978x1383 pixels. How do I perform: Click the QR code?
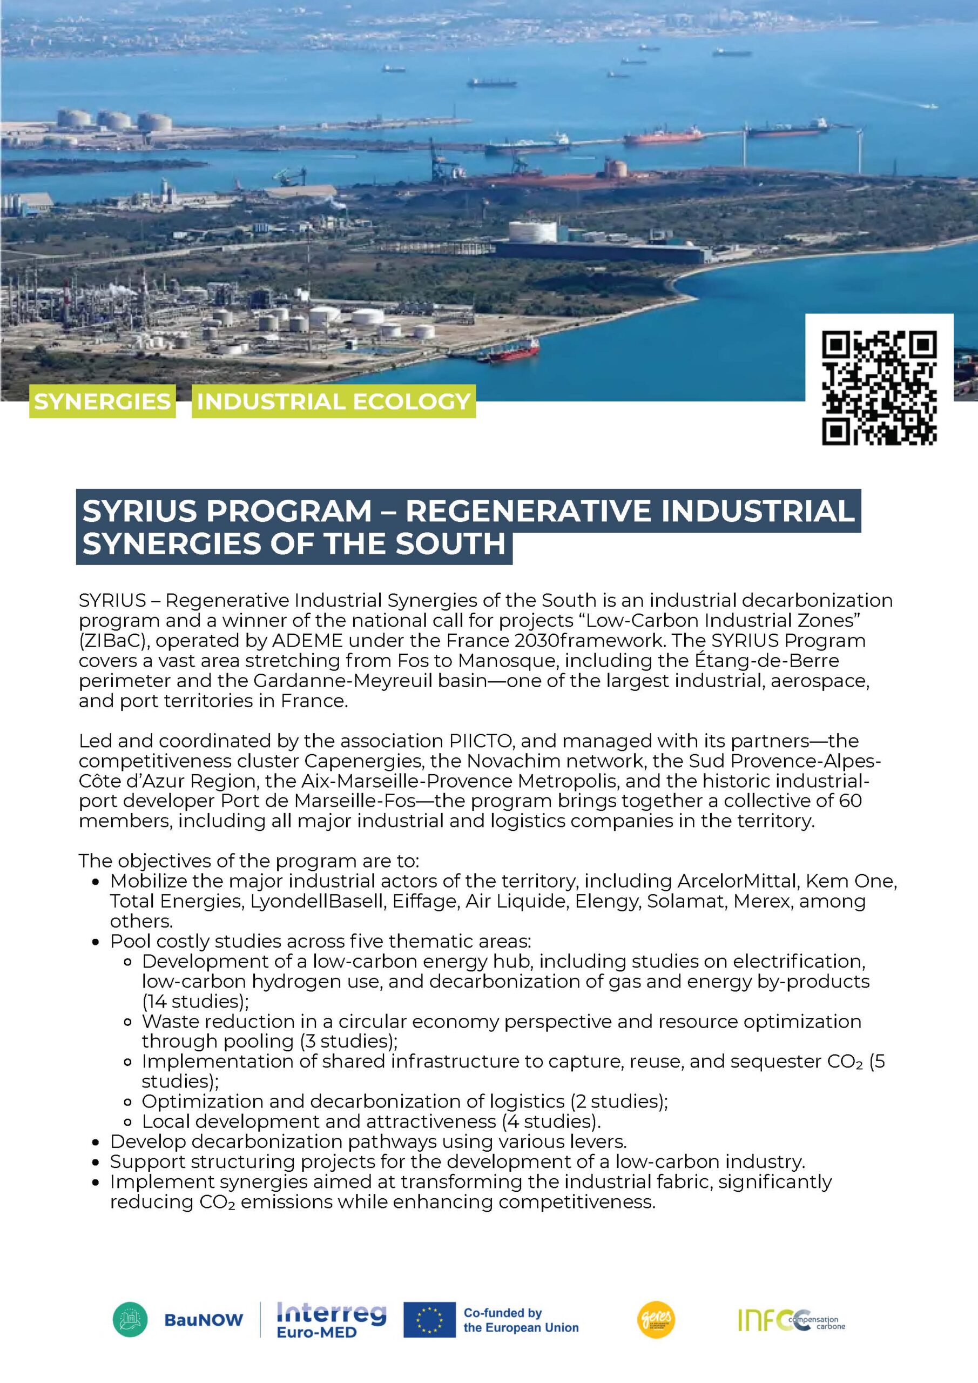879,388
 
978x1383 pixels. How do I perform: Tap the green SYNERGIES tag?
103,401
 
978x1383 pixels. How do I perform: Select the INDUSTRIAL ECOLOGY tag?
333,401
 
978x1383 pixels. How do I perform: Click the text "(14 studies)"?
195,1001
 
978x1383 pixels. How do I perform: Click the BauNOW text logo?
204,1320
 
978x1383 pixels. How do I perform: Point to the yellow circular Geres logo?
656,1318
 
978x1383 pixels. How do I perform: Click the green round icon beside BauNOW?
130,1318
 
